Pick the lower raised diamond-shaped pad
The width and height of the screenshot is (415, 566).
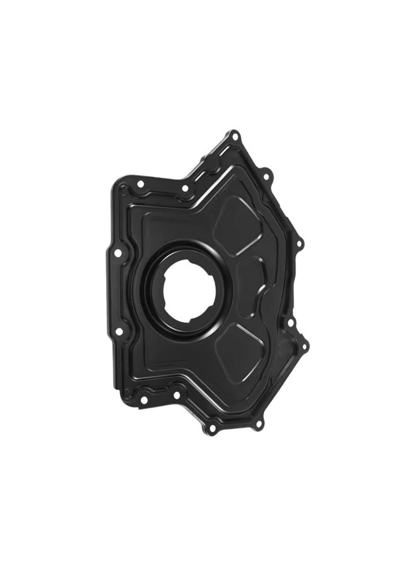tap(243, 342)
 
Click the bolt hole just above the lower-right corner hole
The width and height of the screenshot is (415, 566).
tap(291, 323)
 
